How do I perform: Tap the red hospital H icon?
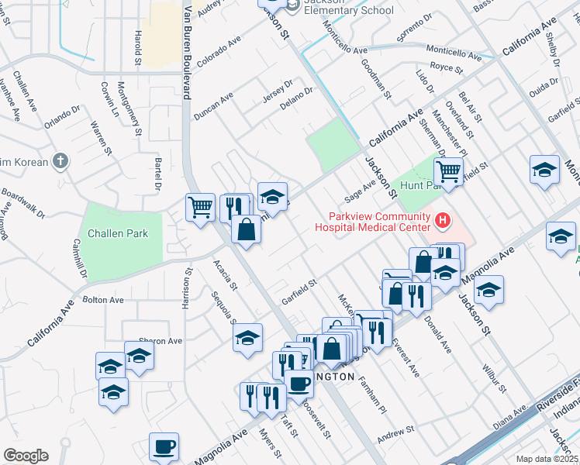click(443, 222)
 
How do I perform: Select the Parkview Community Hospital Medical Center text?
click(371, 222)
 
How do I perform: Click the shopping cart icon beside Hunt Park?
click(448, 170)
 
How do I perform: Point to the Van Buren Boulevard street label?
click(186, 50)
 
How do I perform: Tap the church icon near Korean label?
click(60, 161)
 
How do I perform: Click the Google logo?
click(25, 455)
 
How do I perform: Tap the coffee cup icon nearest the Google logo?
click(164, 446)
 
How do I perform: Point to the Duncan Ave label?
click(212, 106)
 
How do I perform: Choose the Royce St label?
click(446, 69)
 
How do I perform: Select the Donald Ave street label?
click(437, 339)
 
